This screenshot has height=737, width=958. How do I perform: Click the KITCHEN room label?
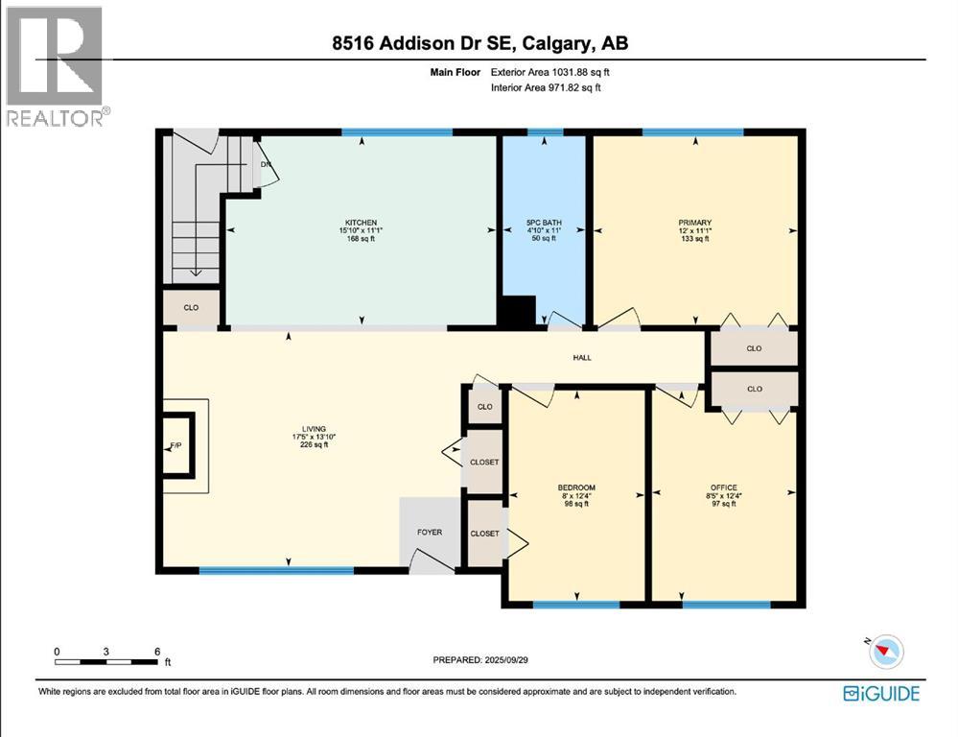(361, 223)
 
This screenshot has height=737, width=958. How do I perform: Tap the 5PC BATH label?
(545, 223)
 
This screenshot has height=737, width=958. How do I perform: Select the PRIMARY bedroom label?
(694, 223)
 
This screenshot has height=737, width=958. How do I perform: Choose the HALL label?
(582, 358)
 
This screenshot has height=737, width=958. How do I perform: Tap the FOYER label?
(429, 532)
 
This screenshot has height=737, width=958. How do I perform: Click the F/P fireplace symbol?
(176, 445)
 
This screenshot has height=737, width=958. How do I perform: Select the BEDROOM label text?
(576, 487)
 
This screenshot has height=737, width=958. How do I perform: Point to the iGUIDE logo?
(880, 693)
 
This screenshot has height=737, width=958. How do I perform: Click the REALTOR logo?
(55, 66)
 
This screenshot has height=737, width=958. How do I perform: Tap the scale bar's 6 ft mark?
(157, 652)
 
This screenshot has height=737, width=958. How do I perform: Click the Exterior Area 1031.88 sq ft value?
(549, 71)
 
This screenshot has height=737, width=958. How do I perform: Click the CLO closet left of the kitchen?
(192, 308)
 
